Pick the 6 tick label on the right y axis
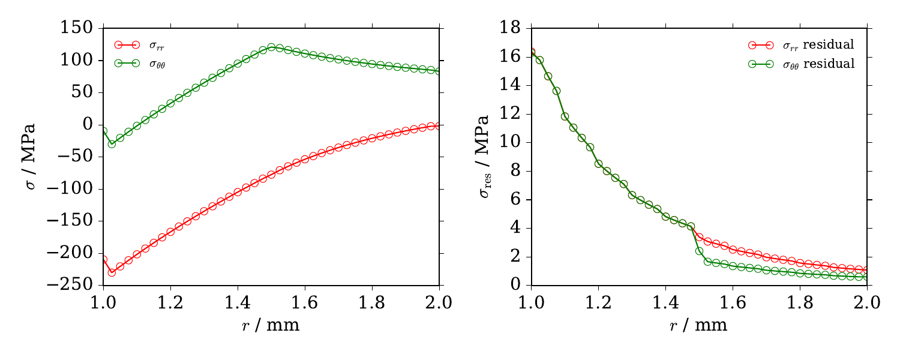click(520, 200)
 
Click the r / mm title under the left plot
click(271, 326)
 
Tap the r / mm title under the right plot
click(699, 326)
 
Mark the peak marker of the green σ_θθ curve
click(271, 47)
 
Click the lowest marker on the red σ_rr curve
click(112, 272)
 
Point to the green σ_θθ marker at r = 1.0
click(103, 130)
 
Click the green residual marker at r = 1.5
click(699, 251)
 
